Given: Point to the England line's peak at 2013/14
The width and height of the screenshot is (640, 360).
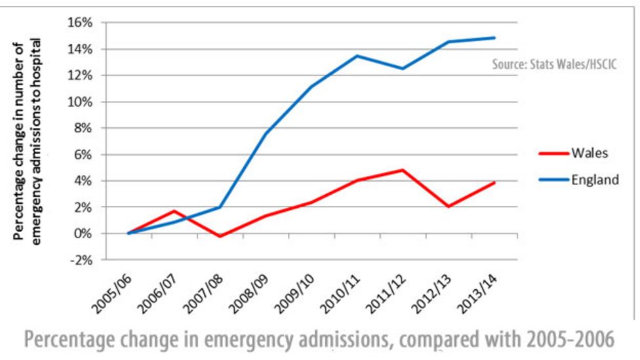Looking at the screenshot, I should [494, 37].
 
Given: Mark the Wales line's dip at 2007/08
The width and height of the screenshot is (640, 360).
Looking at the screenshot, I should [220, 236].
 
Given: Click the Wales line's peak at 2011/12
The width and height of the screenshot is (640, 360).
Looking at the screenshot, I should [403, 170].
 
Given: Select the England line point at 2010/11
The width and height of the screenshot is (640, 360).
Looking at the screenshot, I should [357, 56].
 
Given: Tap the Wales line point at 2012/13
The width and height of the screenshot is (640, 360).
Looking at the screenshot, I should [449, 207].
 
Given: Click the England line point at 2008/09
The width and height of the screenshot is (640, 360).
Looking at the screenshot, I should [266, 134].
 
